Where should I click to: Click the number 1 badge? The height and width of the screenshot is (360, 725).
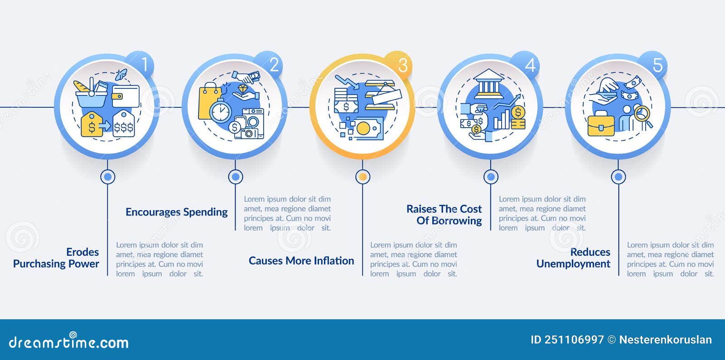(x=141, y=65)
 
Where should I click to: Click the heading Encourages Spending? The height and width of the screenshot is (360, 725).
(x=176, y=212)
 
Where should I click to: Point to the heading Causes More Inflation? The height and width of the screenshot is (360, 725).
(x=301, y=261)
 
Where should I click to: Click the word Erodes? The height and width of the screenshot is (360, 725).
(x=82, y=252)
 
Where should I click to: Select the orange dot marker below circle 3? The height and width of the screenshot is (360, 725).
(x=363, y=177)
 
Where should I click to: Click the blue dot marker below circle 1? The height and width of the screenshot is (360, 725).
(x=108, y=177)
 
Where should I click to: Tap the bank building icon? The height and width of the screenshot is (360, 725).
(x=488, y=83)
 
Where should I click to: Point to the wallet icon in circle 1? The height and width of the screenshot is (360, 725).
(x=126, y=96)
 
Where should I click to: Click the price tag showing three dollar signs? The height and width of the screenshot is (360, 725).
(x=124, y=124)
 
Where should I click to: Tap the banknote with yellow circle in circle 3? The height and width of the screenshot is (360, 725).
(x=368, y=129)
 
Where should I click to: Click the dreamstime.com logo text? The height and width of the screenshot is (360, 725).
(x=68, y=341)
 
